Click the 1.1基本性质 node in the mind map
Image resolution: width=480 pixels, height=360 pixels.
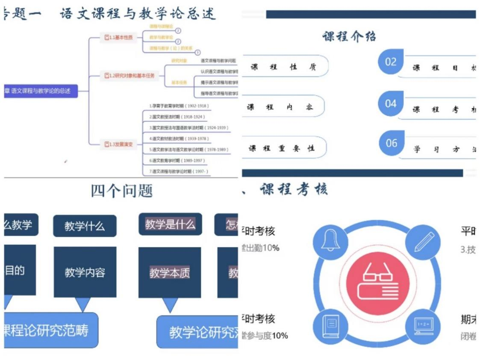(x=118, y=38)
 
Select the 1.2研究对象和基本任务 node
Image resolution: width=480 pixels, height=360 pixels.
(x=129, y=76)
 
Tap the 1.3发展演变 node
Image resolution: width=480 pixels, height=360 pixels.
(x=118, y=144)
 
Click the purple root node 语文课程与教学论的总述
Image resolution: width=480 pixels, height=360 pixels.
(x=41, y=91)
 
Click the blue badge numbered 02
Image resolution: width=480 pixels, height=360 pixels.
(x=391, y=62)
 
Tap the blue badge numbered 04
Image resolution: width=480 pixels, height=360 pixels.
(x=391, y=103)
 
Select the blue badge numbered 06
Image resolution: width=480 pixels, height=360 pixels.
(x=391, y=143)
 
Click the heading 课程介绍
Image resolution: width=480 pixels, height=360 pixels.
(x=349, y=36)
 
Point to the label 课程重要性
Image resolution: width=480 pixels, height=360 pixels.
(x=282, y=148)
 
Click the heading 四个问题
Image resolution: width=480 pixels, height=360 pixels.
(x=122, y=191)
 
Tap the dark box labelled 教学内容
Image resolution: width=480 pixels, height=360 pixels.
(x=85, y=272)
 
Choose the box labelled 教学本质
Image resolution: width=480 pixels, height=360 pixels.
(x=170, y=273)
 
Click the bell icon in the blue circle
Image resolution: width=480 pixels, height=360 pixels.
(x=331, y=241)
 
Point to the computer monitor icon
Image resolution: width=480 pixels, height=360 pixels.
(x=423, y=326)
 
